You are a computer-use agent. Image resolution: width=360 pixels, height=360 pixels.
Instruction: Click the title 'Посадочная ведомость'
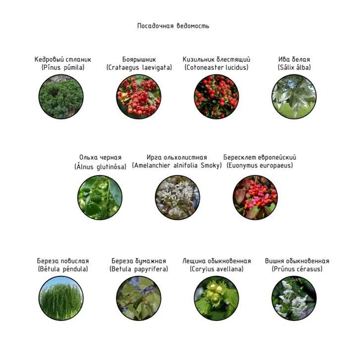(173, 26)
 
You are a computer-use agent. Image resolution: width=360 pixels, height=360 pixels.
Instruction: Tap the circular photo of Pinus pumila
(61, 97)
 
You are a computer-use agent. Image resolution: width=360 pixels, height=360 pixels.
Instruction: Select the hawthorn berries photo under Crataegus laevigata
(139, 97)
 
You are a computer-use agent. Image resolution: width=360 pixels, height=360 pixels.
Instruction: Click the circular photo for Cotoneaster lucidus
(217, 97)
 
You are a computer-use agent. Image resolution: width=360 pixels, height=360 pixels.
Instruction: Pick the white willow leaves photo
(294, 97)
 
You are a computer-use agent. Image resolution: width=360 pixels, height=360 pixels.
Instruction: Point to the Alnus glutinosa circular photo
(100, 197)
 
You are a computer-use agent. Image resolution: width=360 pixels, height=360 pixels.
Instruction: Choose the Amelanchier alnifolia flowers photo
(178, 197)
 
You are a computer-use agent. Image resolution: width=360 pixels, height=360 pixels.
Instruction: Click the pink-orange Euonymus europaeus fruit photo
(256, 197)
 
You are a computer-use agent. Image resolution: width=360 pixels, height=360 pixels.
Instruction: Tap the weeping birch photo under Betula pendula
(61, 298)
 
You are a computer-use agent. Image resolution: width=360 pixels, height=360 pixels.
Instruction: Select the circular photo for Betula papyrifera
(139, 298)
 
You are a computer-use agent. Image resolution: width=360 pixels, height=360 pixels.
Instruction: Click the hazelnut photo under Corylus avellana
(217, 298)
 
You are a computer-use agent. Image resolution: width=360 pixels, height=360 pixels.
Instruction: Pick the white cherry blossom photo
(294, 298)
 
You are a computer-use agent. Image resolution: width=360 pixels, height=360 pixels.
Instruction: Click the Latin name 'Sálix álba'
(294, 67)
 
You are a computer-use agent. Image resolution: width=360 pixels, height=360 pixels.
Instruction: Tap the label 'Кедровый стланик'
(62, 59)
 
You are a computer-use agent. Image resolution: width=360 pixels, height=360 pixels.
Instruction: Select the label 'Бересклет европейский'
(260, 157)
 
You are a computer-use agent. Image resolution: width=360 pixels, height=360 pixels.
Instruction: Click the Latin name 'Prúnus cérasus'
(297, 269)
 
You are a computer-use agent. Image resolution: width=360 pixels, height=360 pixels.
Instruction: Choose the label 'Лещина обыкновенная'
(217, 261)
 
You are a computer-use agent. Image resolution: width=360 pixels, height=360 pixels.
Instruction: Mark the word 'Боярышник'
(139, 59)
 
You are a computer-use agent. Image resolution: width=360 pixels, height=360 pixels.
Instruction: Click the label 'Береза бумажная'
(139, 261)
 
